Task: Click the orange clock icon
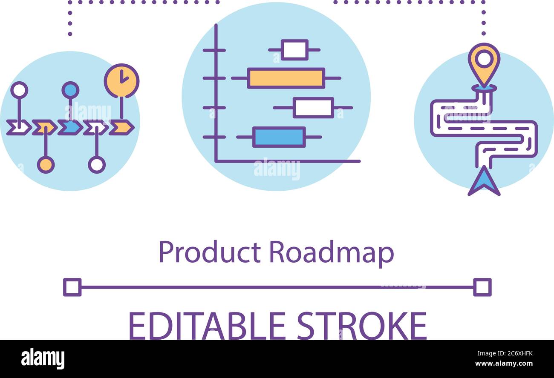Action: pos(121,80)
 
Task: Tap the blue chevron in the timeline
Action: pos(70,127)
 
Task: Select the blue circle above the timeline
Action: pos(70,90)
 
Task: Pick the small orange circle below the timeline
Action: pos(46,165)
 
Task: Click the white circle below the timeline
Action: pos(97,165)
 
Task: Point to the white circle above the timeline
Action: pos(19,90)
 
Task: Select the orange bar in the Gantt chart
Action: pos(286,78)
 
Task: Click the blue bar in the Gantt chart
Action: pos(279,137)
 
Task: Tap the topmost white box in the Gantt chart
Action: pos(294,50)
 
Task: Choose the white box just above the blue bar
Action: pos(313,108)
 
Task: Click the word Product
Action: pos(209,252)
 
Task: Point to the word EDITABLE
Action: pos(207,326)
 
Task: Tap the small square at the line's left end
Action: pos(72,287)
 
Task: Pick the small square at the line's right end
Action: pos(482,287)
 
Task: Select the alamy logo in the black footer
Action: pos(43,358)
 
